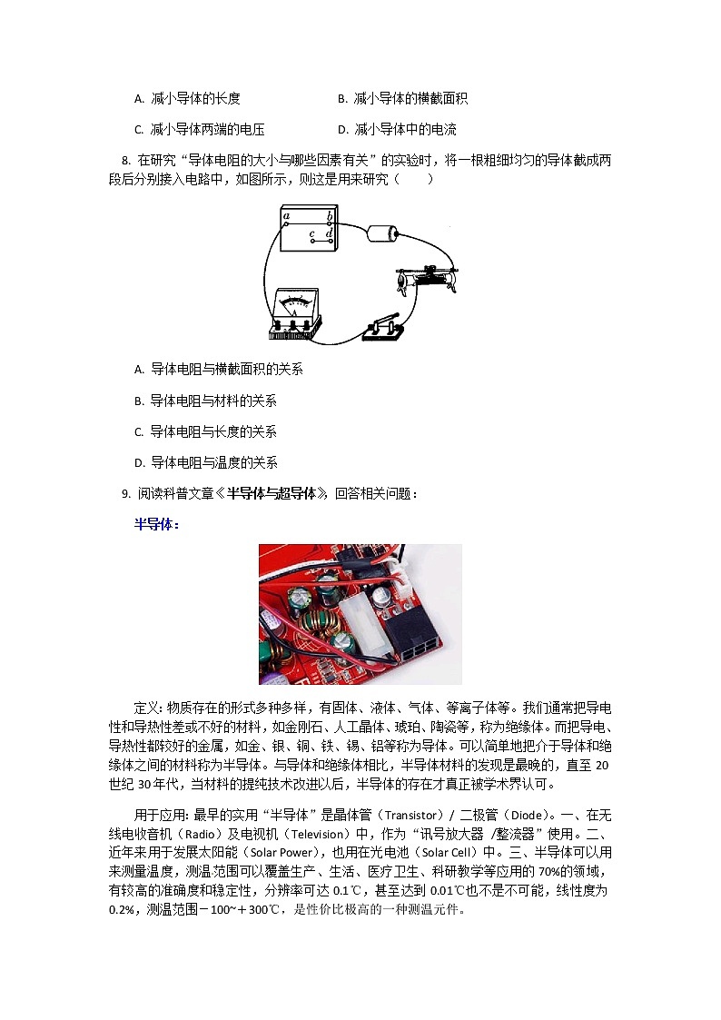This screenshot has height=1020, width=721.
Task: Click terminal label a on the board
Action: tap(287, 216)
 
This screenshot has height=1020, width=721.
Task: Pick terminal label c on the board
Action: tap(311, 234)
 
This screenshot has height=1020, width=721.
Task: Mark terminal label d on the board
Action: tap(329, 234)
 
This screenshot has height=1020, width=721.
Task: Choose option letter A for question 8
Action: tap(139, 370)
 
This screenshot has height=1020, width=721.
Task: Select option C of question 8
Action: tap(139, 432)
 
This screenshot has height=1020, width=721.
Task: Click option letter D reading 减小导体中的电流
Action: tap(342, 129)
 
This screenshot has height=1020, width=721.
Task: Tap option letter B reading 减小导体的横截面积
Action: tap(342, 98)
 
